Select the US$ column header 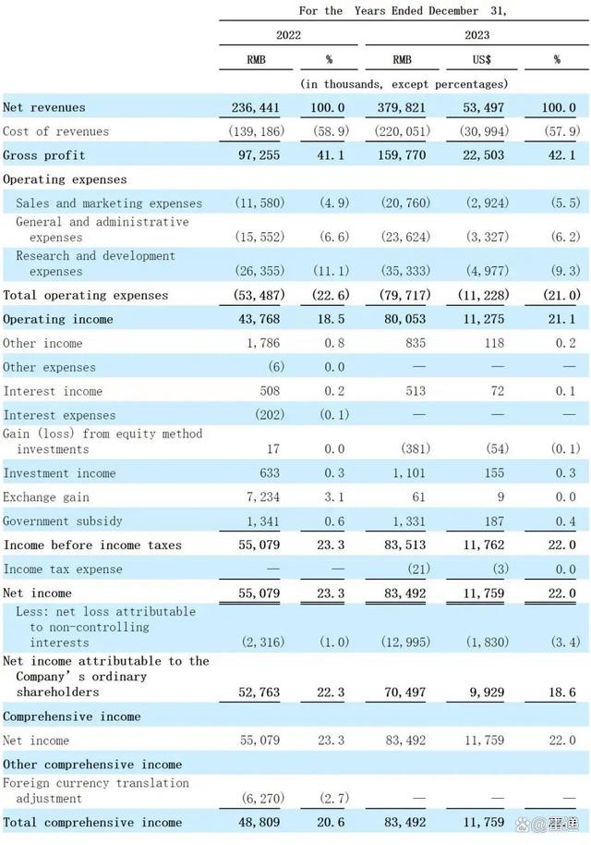click(481, 59)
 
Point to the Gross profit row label click(42, 155)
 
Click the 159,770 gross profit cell click(403, 155)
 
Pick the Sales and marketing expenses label click(109, 203)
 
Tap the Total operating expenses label click(86, 295)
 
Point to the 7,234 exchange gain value click(263, 497)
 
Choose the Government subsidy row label click(63, 521)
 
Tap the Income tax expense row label click(63, 569)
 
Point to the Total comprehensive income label click(92, 822)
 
